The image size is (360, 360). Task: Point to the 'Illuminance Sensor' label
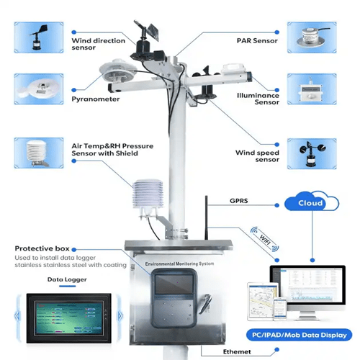pyautogui.click(x=257, y=99)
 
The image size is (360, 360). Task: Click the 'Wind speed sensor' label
pyautogui.click(x=256, y=157)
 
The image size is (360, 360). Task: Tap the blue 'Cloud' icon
pyautogui.click(x=312, y=204)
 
